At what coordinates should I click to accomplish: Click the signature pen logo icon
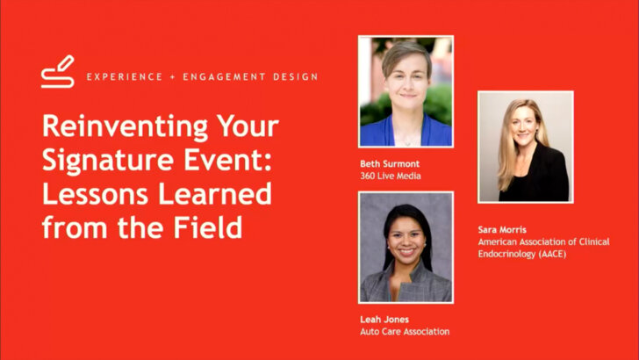tap(58, 72)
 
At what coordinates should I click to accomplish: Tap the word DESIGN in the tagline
tap(292, 76)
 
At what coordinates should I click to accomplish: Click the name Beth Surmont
tap(390, 163)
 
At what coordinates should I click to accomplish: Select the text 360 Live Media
tap(391, 176)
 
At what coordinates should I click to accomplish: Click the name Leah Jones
tap(384, 320)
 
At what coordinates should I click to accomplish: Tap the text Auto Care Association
tap(405, 332)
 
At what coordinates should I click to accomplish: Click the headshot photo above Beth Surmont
tap(406, 91)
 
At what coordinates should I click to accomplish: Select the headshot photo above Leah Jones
tap(406, 248)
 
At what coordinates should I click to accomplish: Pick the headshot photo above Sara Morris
tap(525, 147)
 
